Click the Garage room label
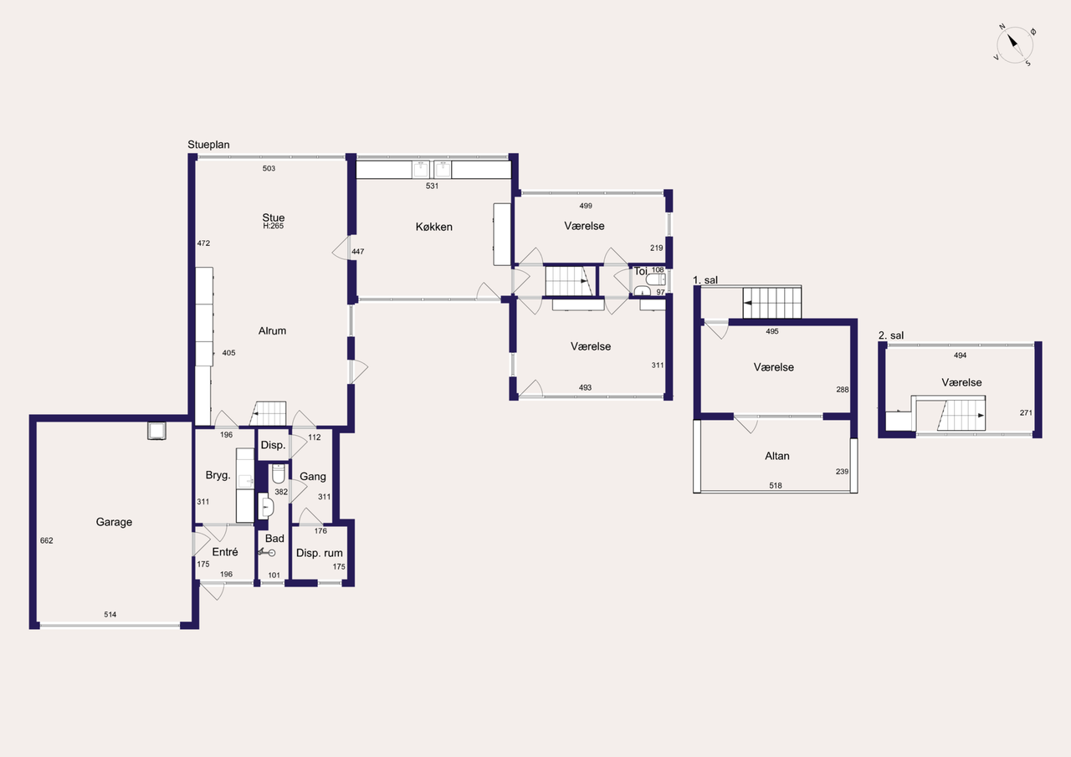click(x=114, y=522)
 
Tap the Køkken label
click(x=433, y=227)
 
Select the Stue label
click(x=273, y=217)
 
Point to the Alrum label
click(x=272, y=330)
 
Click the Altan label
click(x=777, y=456)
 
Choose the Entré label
click(x=225, y=551)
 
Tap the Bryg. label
click(x=218, y=475)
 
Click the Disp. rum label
click(x=320, y=553)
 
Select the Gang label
click(x=313, y=477)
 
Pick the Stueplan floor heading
click(x=208, y=145)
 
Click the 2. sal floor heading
click(x=891, y=335)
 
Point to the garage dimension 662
click(x=46, y=540)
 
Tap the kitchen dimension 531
click(x=432, y=186)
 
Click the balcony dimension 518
click(x=776, y=485)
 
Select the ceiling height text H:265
click(x=274, y=226)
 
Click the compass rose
click(x=1015, y=45)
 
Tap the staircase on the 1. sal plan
click(x=772, y=303)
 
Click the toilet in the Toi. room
click(x=655, y=279)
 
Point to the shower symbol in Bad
click(x=267, y=552)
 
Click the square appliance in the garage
click(x=156, y=431)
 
